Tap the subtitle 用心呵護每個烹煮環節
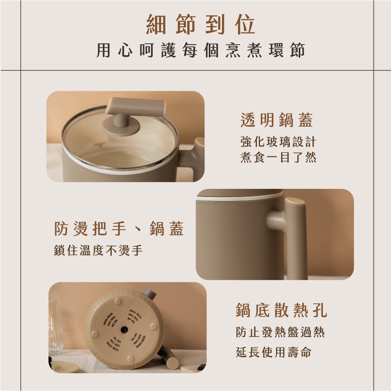(x=201, y=51)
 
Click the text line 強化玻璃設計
(x=278, y=142)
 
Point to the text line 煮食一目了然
(x=278, y=158)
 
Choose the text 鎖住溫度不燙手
(x=98, y=250)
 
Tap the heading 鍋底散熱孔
(x=281, y=310)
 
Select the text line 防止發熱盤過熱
(x=280, y=332)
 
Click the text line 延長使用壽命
(x=274, y=352)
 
